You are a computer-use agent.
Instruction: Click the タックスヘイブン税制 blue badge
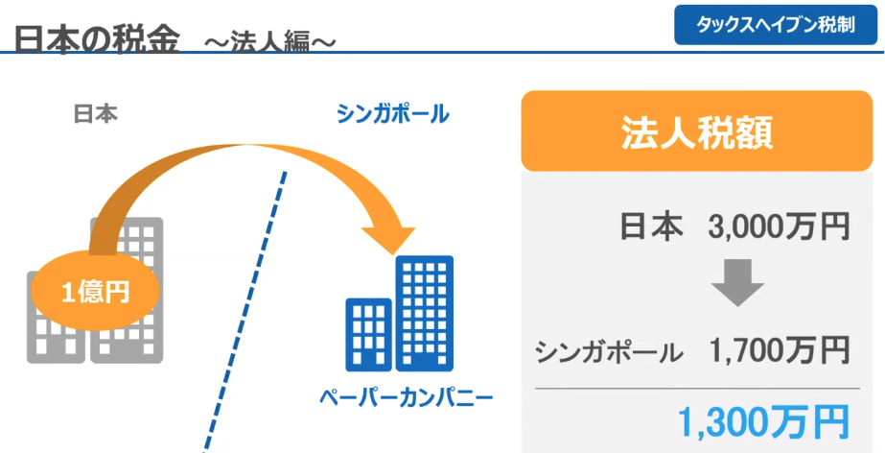(x=776, y=26)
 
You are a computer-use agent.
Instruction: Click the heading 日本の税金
(x=97, y=39)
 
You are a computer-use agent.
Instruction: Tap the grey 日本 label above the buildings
(x=95, y=114)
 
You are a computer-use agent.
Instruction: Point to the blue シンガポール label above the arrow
(x=392, y=114)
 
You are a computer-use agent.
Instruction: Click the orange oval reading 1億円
(x=94, y=293)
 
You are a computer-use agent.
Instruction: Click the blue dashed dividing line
(x=245, y=311)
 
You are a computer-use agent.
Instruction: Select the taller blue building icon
(x=425, y=314)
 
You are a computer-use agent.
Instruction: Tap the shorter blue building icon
(x=368, y=334)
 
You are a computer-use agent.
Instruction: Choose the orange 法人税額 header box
(x=696, y=131)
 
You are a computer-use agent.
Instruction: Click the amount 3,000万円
(x=779, y=227)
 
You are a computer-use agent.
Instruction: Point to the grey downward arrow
(x=737, y=282)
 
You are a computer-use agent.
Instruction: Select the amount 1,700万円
(x=779, y=350)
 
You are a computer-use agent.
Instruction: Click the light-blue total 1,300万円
(x=764, y=422)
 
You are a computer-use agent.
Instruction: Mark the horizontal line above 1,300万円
(x=698, y=389)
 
